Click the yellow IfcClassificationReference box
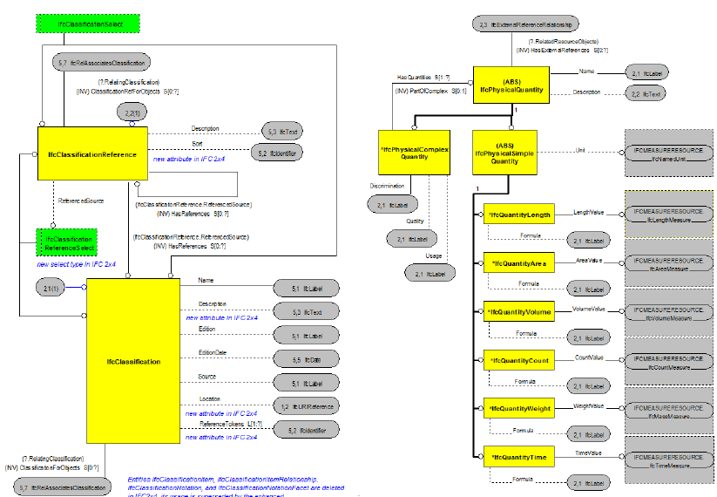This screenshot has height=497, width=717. [92, 154]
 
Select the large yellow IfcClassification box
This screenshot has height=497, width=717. [132, 360]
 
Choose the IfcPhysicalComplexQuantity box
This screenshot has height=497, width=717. [414, 153]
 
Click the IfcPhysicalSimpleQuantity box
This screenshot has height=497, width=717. [504, 153]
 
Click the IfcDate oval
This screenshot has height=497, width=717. [305, 359]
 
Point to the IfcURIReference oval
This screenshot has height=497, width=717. [305, 406]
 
